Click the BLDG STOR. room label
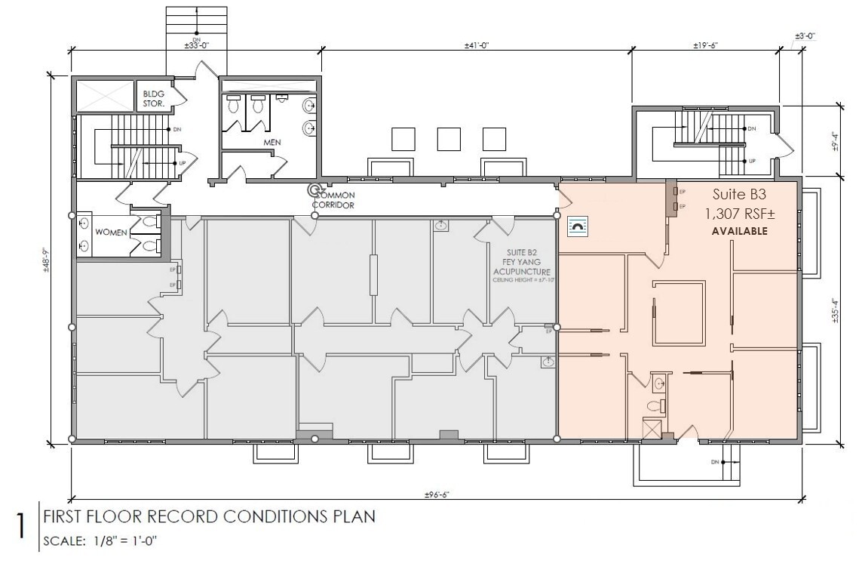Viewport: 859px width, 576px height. click(x=154, y=99)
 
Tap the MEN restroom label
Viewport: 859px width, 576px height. click(x=272, y=142)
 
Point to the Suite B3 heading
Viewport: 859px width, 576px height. click(x=740, y=195)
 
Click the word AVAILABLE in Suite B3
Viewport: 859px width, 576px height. click(x=740, y=231)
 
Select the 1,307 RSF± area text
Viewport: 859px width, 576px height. click(x=740, y=214)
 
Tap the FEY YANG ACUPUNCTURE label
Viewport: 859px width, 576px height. click(x=521, y=264)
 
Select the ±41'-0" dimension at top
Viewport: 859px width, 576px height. click(x=477, y=45)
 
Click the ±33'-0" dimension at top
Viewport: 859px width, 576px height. click(x=196, y=45)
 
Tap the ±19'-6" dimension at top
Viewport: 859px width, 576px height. click(x=706, y=45)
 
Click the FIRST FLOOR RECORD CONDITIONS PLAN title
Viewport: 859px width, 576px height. click(x=209, y=517)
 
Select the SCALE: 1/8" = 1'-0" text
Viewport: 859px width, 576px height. click(x=99, y=541)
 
